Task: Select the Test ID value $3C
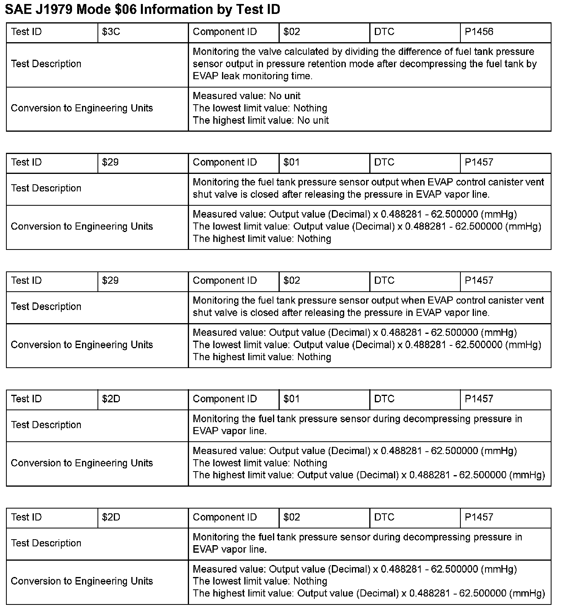click(x=111, y=32)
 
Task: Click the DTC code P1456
click(x=479, y=32)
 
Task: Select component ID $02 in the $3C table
click(x=292, y=32)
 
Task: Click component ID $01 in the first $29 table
click(x=292, y=162)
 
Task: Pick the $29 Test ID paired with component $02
click(x=110, y=281)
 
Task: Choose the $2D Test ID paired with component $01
click(x=111, y=399)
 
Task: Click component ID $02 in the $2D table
click(x=292, y=517)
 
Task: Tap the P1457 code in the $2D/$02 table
click(x=479, y=517)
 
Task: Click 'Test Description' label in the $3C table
click(x=46, y=64)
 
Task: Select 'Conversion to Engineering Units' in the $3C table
click(x=82, y=108)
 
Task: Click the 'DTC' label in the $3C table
click(x=384, y=32)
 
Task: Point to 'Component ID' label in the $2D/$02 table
click(x=225, y=517)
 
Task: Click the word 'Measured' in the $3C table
click(x=210, y=96)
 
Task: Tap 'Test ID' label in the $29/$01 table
click(x=26, y=162)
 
